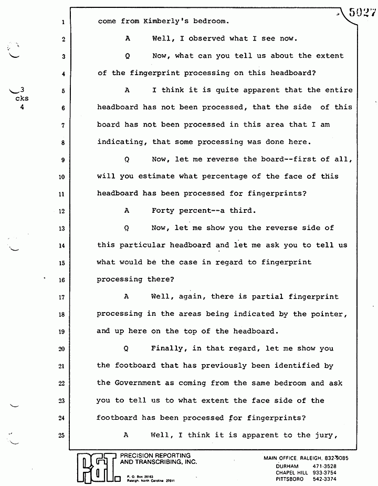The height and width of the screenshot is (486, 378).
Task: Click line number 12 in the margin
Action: [x=62, y=211]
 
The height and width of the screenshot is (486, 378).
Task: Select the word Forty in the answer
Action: [x=163, y=211]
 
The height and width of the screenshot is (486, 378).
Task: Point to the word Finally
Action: [x=168, y=348]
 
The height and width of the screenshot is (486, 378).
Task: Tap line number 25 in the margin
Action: [x=62, y=435]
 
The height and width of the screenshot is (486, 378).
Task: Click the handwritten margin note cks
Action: [x=22, y=98]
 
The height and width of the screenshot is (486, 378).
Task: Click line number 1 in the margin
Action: [x=62, y=22]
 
